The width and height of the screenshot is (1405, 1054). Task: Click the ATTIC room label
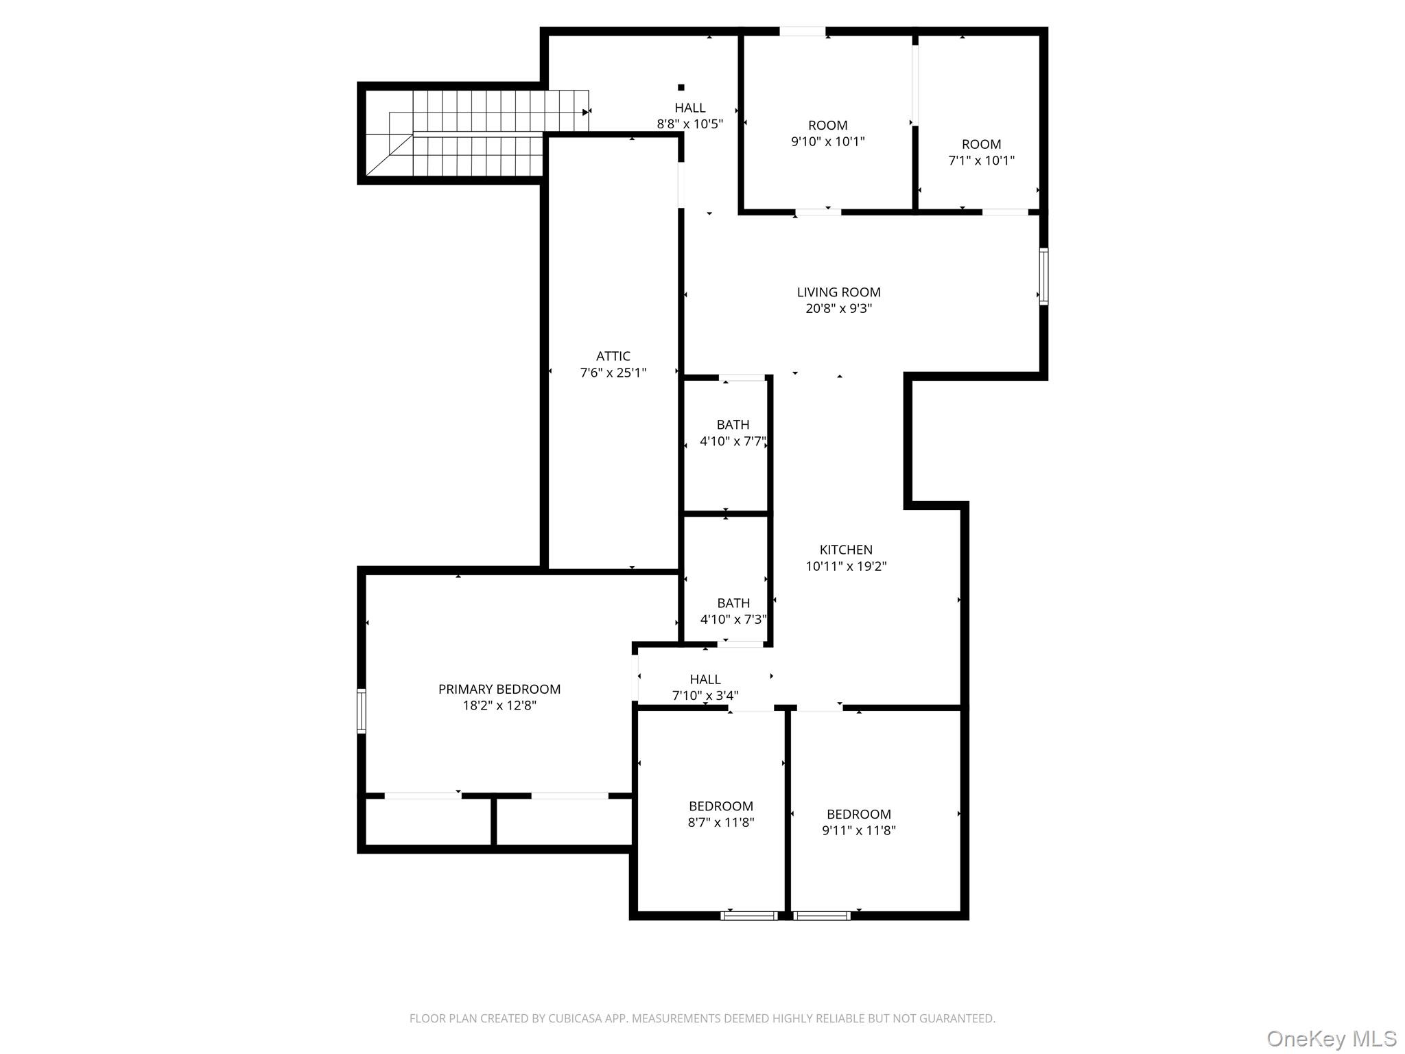(613, 356)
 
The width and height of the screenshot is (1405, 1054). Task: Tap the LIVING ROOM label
(838, 292)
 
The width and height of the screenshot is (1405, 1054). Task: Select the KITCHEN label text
(846, 550)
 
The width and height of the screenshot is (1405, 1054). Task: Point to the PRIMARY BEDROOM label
(499, 689)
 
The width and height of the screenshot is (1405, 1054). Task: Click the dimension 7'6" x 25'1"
(613, 373)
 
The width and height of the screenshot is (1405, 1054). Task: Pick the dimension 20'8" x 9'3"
(838, 309)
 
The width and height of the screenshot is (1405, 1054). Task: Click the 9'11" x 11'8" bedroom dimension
(859, 830)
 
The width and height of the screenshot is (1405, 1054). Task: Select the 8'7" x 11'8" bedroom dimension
(721, 822)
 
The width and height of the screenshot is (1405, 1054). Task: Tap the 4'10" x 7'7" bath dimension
(733, 441)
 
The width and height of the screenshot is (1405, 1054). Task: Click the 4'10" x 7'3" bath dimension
(733, 620)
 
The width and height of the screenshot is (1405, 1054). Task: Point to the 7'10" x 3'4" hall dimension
(705, 696)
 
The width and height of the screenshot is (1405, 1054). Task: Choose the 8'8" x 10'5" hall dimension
(689, 124)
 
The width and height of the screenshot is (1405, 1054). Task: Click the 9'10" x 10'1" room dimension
(827, 142)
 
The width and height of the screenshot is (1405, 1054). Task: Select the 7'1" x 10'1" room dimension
(981, 161)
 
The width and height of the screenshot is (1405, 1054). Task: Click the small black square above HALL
(681, 87)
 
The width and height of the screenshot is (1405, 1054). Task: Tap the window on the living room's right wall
(1043, 277)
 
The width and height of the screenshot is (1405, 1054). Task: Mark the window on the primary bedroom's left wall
(362, 712)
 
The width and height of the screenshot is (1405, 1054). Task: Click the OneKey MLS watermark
(1332, 1038)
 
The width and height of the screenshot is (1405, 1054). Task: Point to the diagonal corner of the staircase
(389, 154)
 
